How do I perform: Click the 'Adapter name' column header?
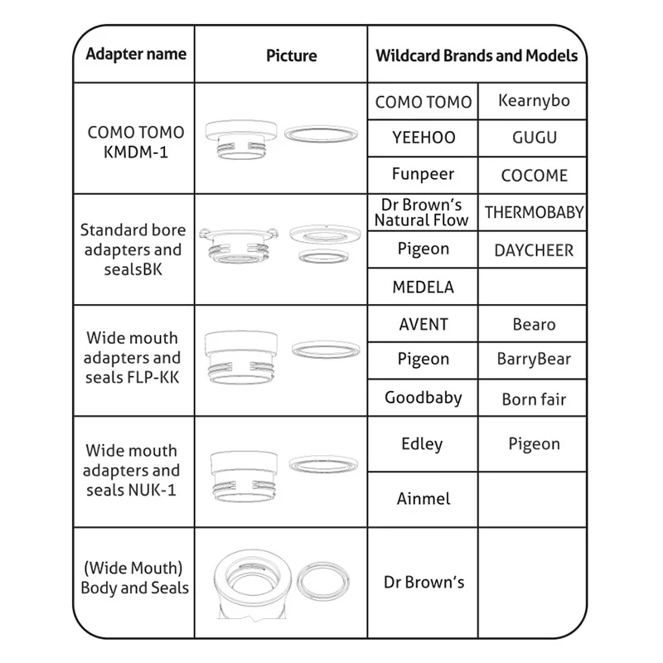(x=136, y=55)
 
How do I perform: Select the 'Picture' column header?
(x=291, y=56)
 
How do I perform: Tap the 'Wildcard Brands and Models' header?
(x=477, y=56)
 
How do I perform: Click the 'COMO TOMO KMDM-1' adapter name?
(x=136, y=142)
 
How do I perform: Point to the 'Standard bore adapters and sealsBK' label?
(x=133, y=249)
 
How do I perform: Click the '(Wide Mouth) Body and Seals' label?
(x=134, y=578)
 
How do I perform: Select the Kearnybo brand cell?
(x=534, y=101)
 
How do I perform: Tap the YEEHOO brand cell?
(x=423, y=138)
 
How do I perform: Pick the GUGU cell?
(x=534, y=138)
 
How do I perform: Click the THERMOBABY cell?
(x=534, y=212)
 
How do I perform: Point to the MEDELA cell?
(x=423, y=288)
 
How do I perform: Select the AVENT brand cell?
(x=423, y=324)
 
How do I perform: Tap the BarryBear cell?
(x=534, y=360)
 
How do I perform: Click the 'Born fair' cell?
(x=534, y=399)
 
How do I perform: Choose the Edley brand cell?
(x=422, y=444)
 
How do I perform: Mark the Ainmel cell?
(x=423, y=499)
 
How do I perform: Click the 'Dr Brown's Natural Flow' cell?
(x=422, y=212)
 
